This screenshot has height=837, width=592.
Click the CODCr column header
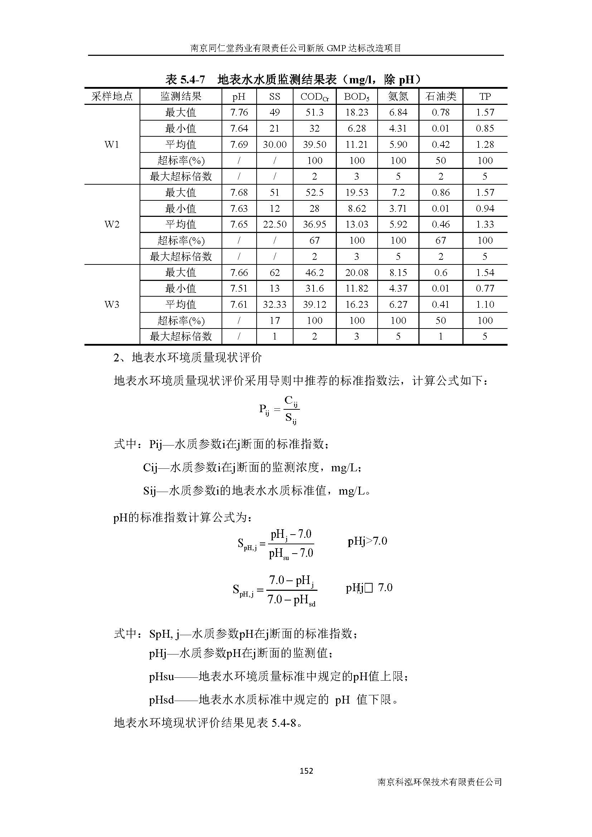[x=314, y=97]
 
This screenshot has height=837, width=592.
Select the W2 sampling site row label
[x=112, y=224]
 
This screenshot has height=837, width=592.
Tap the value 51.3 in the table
[x=314, y=112]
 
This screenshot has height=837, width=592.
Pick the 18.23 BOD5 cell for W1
[x=356, y=112]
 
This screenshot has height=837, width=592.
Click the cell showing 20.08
[x=356, y=272]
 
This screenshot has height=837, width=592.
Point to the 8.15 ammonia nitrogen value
[x=398, y=272]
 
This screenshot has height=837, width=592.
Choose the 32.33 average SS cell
[x=275, y=305]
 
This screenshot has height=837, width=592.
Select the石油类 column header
[x=441, y=96]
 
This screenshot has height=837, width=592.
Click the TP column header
[x=485, y=96]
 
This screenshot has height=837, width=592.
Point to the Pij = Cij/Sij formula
[x=279, y=410]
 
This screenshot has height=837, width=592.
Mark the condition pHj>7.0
[x=367, y=541]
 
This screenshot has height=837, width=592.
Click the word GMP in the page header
[x=337, y=48]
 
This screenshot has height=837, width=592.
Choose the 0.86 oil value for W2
[x=441, y=193]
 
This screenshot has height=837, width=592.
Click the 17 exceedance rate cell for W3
[x=275, y=320]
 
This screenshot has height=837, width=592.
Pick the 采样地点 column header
[x=112, y=96]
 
